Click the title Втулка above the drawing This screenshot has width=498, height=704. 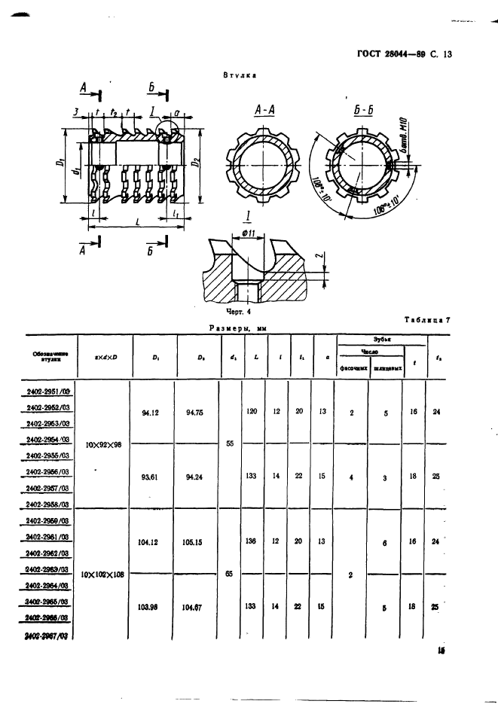click(x=240, y=75)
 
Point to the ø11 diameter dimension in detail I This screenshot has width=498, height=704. click(x=250, y=233)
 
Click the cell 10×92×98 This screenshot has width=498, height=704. click(x=104, y=444)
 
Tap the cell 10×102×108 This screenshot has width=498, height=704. click(x=104, y=574)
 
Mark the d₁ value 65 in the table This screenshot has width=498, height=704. click(x=229, y=574)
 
